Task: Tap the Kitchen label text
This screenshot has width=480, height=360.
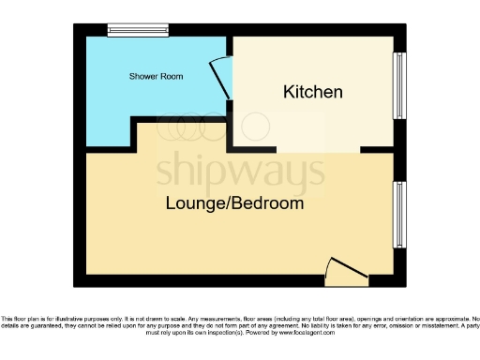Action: click(x=313, y=93)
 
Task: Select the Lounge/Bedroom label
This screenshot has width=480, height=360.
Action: click(x=234, y=202)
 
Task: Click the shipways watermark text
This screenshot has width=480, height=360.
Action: click(x=239, y=169)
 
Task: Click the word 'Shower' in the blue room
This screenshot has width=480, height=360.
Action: click(x=143, y=75)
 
